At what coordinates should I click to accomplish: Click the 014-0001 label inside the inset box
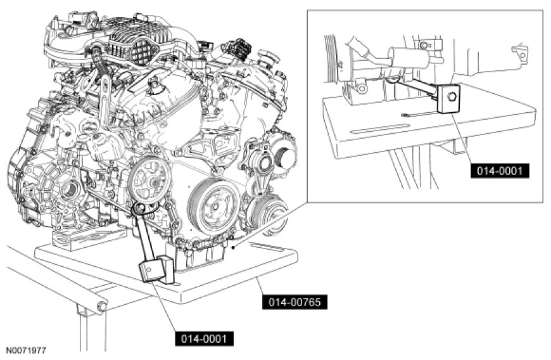pos(500,170)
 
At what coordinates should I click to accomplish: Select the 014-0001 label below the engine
pos(204,338)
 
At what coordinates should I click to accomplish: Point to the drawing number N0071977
pos(26,350)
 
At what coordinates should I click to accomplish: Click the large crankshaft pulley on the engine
pos(213,207)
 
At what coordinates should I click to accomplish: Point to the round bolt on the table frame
pos(99,307)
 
